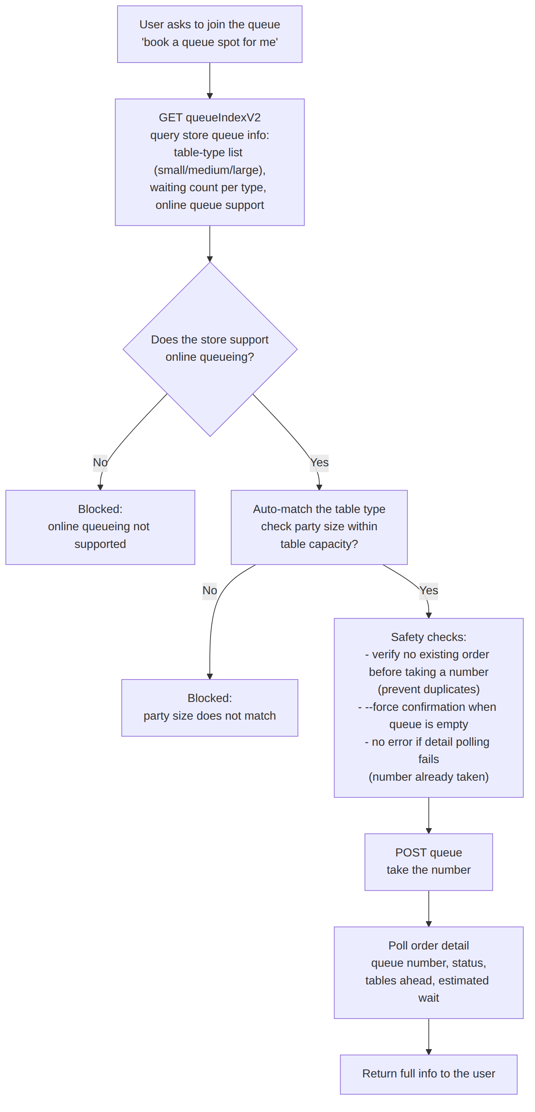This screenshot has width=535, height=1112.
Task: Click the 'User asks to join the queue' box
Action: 210,34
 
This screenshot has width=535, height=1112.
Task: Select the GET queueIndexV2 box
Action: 210,162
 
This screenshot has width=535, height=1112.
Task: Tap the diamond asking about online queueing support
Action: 210,349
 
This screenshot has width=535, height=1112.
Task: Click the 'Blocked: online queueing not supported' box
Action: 100,527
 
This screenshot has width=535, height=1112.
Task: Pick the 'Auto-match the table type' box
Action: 319,527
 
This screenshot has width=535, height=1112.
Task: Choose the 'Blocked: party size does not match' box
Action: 210,708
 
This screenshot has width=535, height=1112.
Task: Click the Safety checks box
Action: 428,708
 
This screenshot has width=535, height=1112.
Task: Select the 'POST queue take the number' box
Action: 428,862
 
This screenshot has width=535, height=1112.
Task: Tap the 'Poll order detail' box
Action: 428,972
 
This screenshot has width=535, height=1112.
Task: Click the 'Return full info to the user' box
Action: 428,1074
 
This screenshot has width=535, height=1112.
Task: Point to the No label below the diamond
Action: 100,463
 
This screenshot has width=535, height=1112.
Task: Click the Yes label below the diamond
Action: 319,463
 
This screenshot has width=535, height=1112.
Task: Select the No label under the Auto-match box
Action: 210,591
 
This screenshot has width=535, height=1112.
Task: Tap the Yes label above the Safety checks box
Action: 428,591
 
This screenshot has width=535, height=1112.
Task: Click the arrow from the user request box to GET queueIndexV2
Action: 210,81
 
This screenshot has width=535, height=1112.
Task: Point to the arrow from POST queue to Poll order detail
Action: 428,908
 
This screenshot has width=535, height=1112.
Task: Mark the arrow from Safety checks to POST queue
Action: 428,816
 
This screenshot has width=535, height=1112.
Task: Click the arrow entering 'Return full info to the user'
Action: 428,1037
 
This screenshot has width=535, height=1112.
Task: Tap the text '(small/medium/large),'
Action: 210,170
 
